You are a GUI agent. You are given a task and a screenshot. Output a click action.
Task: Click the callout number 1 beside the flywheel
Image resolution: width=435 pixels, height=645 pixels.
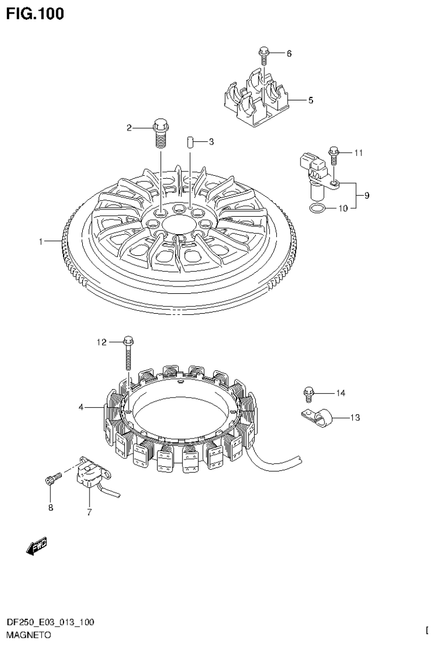(x=41, y=242)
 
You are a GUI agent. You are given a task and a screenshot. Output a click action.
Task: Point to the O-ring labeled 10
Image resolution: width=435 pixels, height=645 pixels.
(x=318, y=209)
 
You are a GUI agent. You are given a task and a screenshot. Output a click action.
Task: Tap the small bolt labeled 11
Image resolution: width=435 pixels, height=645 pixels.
(x=333, y=153)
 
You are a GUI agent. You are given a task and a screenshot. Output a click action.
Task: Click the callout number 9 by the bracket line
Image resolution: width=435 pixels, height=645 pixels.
(x=367, y=196)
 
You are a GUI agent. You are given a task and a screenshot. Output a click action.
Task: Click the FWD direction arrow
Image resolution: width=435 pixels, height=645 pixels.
(x=37, y=545)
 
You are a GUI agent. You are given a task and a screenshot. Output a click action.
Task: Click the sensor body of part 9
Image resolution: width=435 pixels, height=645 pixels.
(x=312, y=167)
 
